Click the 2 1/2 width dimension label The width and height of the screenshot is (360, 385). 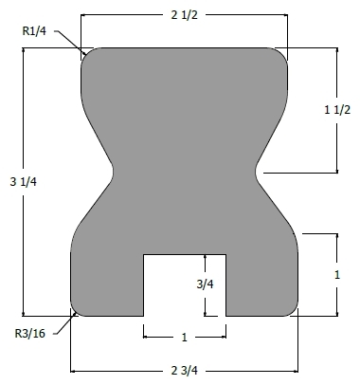point(185,15)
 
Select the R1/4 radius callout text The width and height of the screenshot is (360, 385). point(34,31)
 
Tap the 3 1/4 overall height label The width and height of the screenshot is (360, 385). point(24,182)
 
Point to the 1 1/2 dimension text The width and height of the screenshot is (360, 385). point(337,110)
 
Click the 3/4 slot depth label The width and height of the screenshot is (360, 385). point(205,284)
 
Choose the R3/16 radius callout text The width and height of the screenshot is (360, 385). point(30,333)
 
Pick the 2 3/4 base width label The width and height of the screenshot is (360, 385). point(185,371)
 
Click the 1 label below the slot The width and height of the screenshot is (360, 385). point(185,338)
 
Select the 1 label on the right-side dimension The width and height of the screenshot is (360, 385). point(337,275)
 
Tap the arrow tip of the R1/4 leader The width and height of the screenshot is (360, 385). point(85,54)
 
